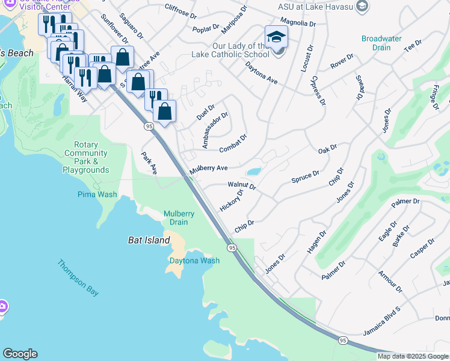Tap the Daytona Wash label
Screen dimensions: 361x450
[194, 261]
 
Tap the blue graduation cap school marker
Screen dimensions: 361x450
[276, 37]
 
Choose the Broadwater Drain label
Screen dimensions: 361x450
[381, 43]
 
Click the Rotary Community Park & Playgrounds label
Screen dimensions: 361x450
[85, 158]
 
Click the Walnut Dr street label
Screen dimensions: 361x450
[242, 186]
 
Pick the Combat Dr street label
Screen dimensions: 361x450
[233, 141]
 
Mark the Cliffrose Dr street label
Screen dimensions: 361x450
[180, 10]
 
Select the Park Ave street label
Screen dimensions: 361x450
[149, 163]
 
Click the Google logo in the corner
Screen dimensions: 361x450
[20, 354]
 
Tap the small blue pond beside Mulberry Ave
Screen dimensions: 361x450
[254, 171]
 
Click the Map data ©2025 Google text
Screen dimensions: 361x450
[413, 356]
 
